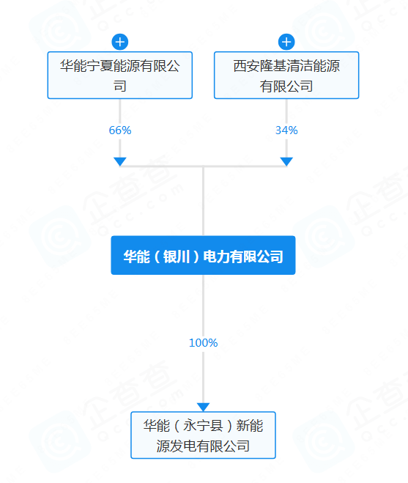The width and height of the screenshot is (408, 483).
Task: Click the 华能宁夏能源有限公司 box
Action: [x=120, y=75]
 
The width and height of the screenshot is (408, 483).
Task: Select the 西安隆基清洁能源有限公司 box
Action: [x=286, y=75]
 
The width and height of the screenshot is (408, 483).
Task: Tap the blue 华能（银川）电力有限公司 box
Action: [x=203, y=255]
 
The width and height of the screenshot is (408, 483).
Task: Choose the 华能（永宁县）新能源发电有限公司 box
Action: [x=203, y=435]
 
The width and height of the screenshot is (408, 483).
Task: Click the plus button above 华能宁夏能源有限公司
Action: [x=120, y=42]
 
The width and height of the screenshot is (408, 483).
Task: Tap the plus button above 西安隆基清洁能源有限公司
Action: [x=286, y=42]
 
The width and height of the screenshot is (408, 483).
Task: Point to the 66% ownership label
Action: [x=120, y=130]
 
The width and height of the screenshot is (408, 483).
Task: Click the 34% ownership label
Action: [x=286, y=130]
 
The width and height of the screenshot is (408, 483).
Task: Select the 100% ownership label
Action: [x=203, y=343]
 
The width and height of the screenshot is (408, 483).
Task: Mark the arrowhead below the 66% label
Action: [x=120, y=162]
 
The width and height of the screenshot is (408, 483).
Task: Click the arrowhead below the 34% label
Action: [x=286, y=162]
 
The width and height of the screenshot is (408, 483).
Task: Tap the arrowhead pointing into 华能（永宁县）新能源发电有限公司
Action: [x=203, y=408]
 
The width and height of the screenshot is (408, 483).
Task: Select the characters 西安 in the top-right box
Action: [x=246, y=66]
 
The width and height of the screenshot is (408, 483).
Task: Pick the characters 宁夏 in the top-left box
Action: [x=100, y=66]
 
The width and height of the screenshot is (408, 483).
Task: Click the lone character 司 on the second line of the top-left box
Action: [x=120, y=86]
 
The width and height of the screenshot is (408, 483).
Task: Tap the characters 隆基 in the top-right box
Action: [x=273, y=66]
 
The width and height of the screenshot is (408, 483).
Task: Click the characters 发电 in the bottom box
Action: [x=183, y=446]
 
